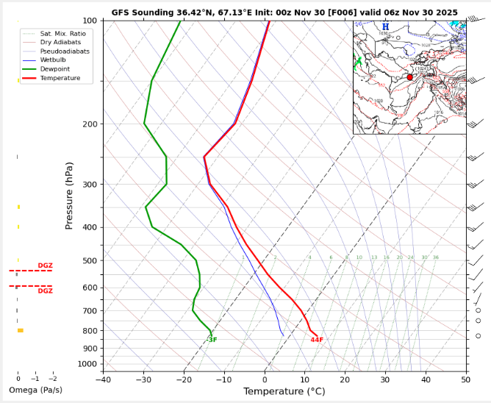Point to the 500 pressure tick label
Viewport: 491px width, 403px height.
[x=89, y=261]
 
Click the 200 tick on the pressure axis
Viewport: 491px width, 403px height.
[x=89, y=124]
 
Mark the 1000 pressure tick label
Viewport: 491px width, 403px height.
[x=87, y=364]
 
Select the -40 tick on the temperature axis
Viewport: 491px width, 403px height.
[x=102, y=379]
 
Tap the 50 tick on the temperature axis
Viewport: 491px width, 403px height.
[x=466, y=379]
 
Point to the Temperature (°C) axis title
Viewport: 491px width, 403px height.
[x=284, y=391]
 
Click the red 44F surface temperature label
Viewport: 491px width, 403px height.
[x=317, y=340]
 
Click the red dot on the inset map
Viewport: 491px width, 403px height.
[x=409, y=77]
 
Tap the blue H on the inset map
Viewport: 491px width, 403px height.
[x=385, y=26]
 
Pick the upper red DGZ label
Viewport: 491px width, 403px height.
[x=45, y=265]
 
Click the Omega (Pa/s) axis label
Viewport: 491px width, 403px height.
[x=35, y=390]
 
